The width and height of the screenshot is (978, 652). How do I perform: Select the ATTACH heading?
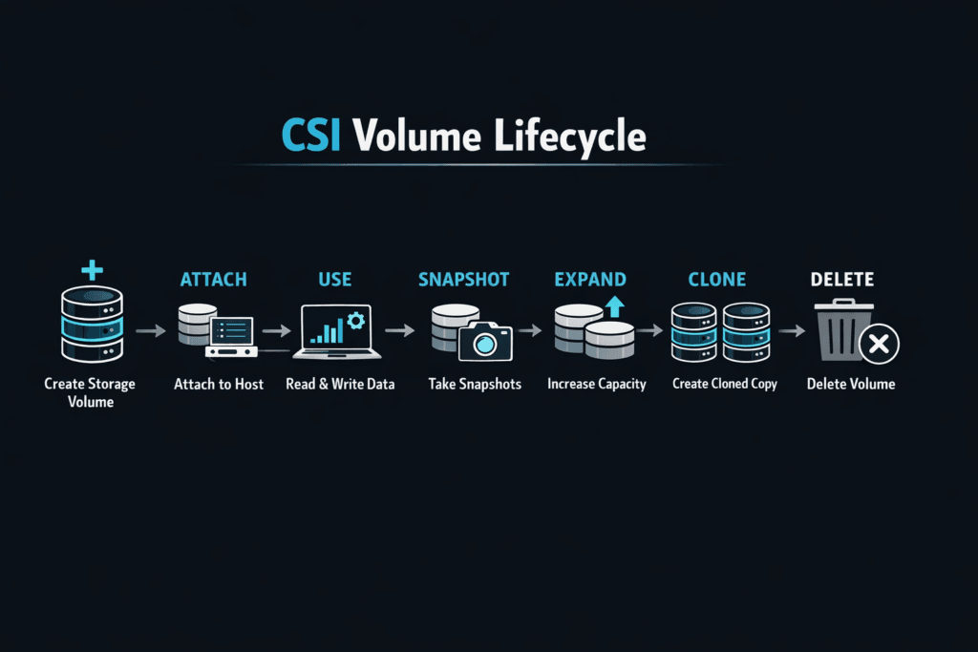[x=213, y=280]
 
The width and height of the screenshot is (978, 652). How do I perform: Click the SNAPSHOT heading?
[x=463, y=280]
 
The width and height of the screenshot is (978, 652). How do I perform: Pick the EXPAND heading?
[x=590, y=280]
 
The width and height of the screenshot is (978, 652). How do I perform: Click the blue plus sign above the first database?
[x=92, y=270]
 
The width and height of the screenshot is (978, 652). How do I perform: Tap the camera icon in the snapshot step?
[x=485, y=340]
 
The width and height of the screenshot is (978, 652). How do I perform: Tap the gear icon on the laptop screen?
[x=356, y=321]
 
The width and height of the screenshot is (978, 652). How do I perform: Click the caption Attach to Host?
[x=219, y=384]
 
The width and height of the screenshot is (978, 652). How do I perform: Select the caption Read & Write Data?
[x=340, y=384]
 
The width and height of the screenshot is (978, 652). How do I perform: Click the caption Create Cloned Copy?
[x=724, y=384]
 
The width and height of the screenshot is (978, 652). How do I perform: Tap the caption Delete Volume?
[x=851, y=384]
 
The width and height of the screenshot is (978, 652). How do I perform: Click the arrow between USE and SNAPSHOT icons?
[x=401, y=330]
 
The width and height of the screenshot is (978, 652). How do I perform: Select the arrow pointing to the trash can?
[x=791, y=330]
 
